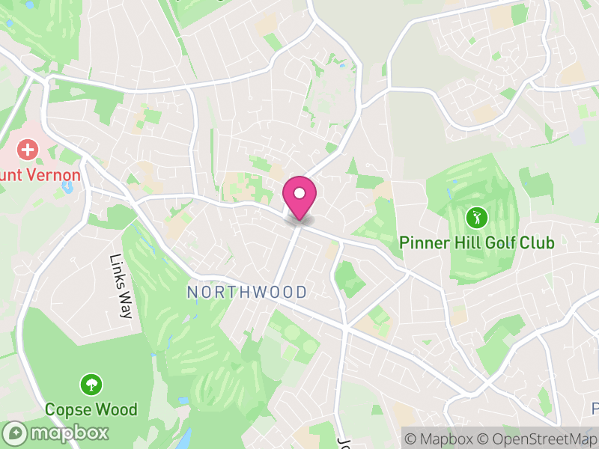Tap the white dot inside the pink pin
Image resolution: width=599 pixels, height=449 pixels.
299,193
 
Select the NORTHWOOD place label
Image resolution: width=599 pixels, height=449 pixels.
247,292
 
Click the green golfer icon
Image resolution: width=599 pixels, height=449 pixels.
476,219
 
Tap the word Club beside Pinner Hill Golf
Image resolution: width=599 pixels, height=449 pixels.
537,243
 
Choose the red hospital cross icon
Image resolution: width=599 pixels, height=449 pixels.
28,150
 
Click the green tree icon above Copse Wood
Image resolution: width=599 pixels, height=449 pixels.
91,385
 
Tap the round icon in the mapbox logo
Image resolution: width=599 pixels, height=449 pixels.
14,433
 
